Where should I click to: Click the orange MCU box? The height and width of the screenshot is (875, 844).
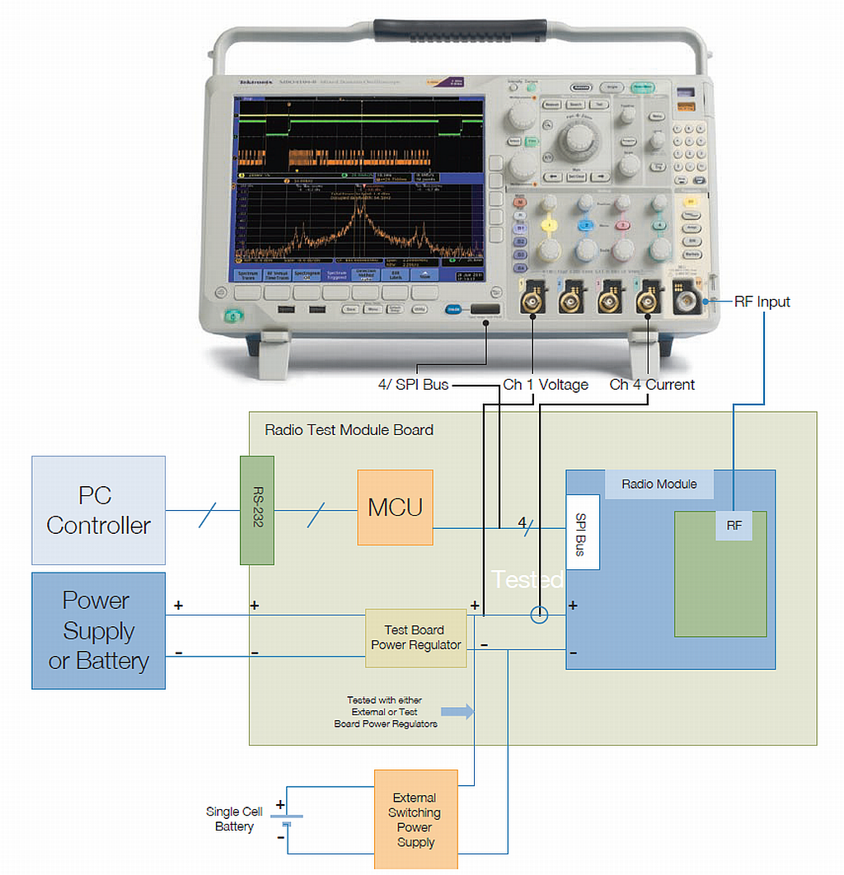tap(395, 507)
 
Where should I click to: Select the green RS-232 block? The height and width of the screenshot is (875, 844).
tap(257, 510)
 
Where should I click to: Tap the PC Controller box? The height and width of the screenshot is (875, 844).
tap(98, 510)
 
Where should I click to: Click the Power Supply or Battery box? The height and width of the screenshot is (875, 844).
tap(98, 630)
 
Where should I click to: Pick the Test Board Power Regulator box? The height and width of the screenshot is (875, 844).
tap(415, 638)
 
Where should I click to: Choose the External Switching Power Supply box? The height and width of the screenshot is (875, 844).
tap(415, 819)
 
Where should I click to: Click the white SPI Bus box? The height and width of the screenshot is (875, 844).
tap(582, 532)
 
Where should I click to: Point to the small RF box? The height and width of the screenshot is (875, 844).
tap(734, 525)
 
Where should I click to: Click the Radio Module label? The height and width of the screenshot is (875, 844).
tap(659, 484)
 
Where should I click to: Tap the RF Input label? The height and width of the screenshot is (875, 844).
tap(762, 302)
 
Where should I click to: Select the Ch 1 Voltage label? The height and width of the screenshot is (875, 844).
tap(546, 385)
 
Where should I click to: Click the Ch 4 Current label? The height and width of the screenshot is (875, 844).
tap(652, 385)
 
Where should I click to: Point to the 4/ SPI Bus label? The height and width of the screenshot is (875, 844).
tap(413, 385)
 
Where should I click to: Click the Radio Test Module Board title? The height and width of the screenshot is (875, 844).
tap(349, 430)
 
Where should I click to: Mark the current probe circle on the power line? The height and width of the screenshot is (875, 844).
tap(539, 615)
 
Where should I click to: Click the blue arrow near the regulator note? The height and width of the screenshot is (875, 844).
tap(458, 711)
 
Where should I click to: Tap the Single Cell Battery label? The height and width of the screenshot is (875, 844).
tap(234, 819)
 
